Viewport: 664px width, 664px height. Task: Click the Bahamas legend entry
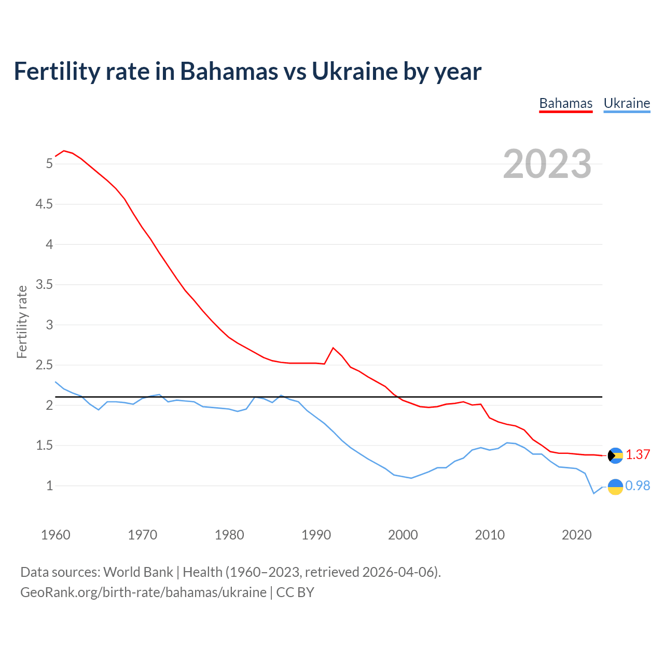tap(565, 103)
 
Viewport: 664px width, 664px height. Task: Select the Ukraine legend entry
tap(627, 103)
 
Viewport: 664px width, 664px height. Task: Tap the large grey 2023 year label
tap(547, 164)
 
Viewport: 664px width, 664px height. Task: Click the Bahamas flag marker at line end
tap(615, 455)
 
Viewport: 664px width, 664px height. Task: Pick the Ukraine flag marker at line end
tap(615, 487)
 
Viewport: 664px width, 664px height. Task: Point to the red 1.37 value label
tap(638, 455)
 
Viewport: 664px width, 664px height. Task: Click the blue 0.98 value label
tap(638, 486)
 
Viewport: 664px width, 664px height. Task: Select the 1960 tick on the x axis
tap(56, 535)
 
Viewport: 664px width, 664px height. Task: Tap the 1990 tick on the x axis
tap(316, 535)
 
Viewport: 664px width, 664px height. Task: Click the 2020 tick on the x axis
tap(576, 535)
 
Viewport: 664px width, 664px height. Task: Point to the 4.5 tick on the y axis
tap(44, 204)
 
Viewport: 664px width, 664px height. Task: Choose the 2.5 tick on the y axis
tap(44, 365)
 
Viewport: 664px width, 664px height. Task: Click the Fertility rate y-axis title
tap(22, 322)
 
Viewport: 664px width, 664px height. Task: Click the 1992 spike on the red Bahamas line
tap(333, 348)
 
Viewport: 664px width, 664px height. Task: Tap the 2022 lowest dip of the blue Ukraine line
tap(593, 493)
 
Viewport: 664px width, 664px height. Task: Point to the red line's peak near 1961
tap(64, 151)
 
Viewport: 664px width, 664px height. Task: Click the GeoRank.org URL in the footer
tap(143, 592)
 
